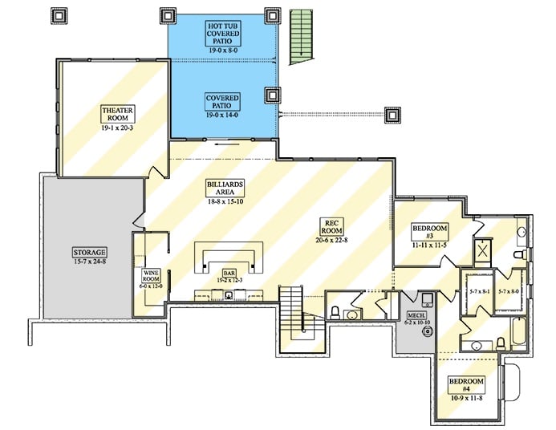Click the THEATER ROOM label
coord(117,113)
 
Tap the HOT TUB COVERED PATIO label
coord(222,34)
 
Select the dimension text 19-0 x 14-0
coord(222,115)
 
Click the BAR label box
coord(229,275)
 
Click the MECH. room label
coord(416,316)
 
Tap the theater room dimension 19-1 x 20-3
coord(117,128)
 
